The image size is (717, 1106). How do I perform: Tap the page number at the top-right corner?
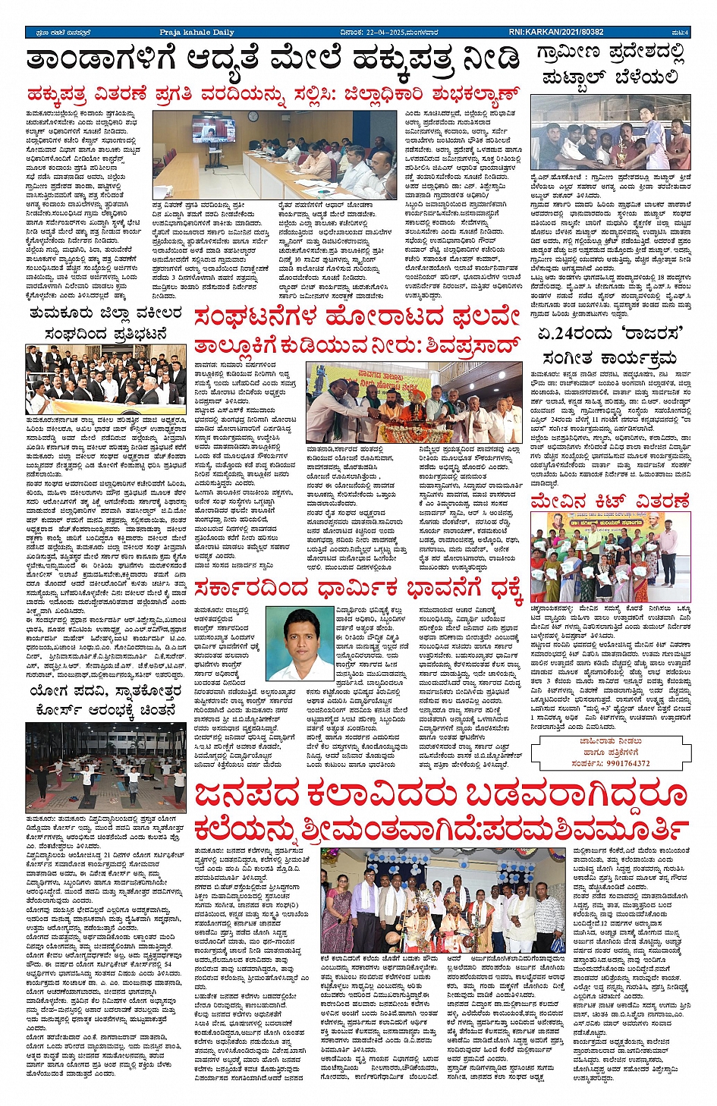coord(681,33)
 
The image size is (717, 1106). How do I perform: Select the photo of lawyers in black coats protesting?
coord(105,379)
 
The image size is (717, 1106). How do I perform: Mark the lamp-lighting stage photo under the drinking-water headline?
coord(414,402)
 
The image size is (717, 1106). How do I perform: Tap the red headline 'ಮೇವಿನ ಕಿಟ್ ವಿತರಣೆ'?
coord(610,501)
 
